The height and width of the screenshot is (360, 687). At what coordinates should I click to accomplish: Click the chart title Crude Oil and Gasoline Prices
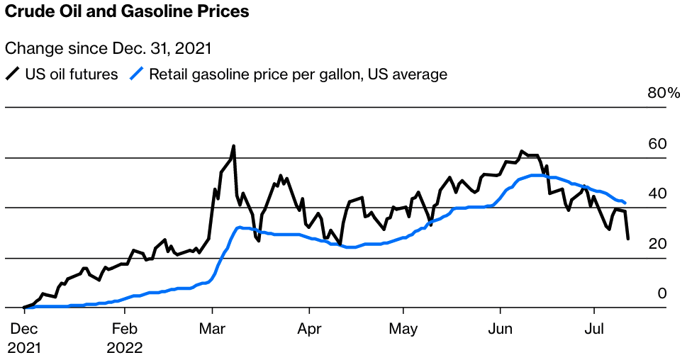click(x=127, y=12)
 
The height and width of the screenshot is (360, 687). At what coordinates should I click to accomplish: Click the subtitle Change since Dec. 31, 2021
click(x=108, y=49)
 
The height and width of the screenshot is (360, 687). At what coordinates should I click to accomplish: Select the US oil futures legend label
click(x=72, y=74)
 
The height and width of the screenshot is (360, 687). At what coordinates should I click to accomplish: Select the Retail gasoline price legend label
click(x=298, y=74)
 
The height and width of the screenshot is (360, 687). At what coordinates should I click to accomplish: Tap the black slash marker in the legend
click(x=13, y=74)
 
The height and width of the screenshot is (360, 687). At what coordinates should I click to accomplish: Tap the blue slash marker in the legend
click(x=136, y=74)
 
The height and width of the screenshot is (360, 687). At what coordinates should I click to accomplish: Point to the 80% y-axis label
click(x=664, y=94)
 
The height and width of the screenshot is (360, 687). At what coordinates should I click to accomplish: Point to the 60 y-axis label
click(x=658, y=144)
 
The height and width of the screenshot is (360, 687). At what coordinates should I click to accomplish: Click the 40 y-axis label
click(x=658, y=193)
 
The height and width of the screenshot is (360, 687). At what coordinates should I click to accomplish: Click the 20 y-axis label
click(x=658, y=244)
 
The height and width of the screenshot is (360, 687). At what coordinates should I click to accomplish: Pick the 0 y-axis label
click(x=662, y=293)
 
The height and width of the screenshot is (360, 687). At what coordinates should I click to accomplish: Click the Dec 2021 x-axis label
click(x=25, y=339)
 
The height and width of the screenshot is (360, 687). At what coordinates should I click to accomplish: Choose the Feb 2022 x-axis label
click(x=125, y=339)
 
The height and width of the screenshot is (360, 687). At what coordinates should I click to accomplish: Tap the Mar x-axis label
click(x=212, y=330)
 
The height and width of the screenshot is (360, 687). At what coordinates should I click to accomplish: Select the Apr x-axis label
click(x=309, y=330)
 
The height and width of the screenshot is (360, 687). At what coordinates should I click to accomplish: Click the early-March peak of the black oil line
click(x=234, y=146)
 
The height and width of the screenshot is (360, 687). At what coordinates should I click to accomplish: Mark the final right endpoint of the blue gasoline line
click(x=624, y=203)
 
